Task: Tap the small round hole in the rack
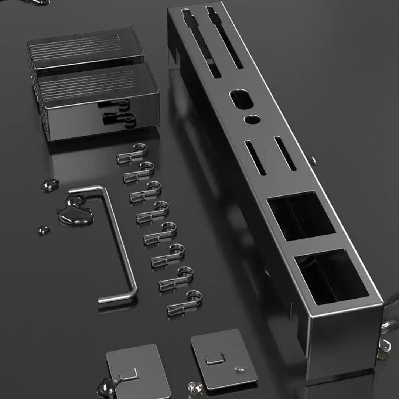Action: pos(252,119)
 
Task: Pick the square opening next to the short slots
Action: pos(301,215)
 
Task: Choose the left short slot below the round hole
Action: pos(255,157)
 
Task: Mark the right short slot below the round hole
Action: pos(285,153)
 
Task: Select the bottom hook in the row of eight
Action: pos(184,303)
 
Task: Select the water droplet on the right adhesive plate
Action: pos(241,369)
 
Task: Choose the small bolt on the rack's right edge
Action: pos(313,160)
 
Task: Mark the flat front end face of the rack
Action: pos(344,340)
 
